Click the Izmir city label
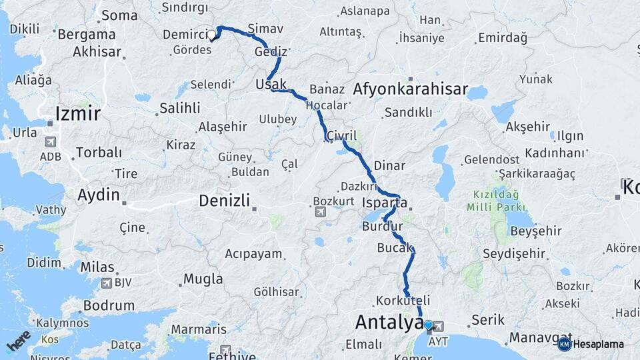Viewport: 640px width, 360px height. tap(78, 113)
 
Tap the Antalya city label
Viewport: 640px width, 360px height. tap(389, 322)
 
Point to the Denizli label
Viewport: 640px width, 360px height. tap(224, 200)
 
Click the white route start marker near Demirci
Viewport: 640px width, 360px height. tap(212, 34)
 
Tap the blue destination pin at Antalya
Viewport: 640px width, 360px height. tap(428, 325)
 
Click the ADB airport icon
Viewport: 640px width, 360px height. tap(51, 142)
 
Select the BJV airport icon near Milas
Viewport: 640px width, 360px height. tap(105, 282)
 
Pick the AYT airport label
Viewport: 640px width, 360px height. tap(438, 340)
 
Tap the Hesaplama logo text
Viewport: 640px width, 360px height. tap(599, 344)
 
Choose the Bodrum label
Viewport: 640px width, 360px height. tap(109, 305)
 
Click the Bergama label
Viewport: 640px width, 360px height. tap(87, 34)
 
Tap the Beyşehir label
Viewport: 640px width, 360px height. tap(535, 231)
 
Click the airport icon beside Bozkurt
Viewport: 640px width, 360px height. tap(320, 211)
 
